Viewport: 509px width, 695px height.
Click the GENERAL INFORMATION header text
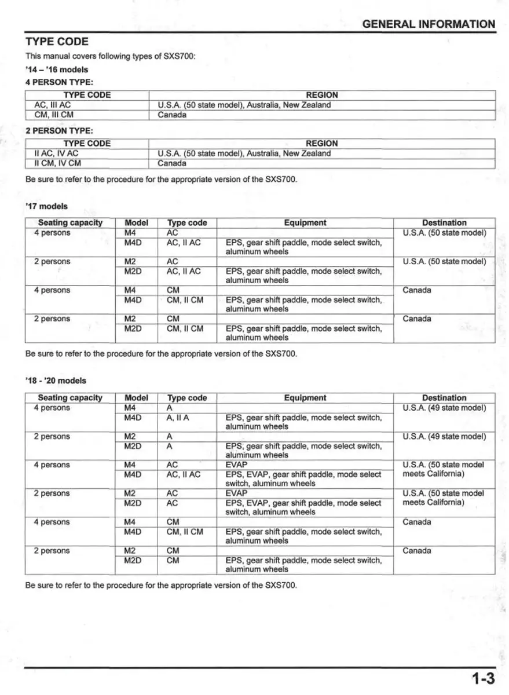pos(429,24)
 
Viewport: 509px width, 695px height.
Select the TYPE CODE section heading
pos(57,42)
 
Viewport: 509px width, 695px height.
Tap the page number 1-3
pos(482,678)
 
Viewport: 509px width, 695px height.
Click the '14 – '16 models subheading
pos(57,69)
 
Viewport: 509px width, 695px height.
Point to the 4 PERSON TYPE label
pos(59,82)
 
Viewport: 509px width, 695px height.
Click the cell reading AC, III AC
pos(53,105)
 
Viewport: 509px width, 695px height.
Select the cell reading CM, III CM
pos(54,115)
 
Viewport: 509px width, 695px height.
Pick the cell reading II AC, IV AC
pos(56,153)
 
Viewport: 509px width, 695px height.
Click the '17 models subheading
pos(46,206)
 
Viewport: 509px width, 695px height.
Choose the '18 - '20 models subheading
pos(56,381)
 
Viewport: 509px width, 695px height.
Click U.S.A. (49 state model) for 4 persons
pos(444,408)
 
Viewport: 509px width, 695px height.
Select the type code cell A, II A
pos(178,418)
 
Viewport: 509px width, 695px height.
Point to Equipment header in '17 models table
pos(305,222)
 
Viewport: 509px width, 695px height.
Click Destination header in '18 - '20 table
pos(444,398)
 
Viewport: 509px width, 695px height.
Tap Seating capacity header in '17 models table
pos(70,222)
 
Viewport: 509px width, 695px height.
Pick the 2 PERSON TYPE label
pos(59,131)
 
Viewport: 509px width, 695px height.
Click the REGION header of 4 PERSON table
pos(322,95)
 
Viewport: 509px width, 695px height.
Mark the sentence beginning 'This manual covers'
pos(111,56)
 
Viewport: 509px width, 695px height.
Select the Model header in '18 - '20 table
pos(136,398)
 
